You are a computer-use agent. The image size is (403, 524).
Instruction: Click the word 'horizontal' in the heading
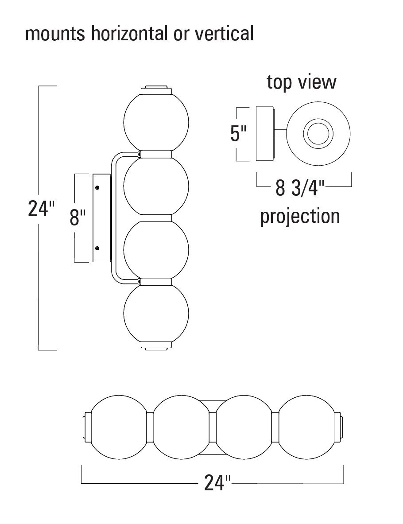pos(128,33)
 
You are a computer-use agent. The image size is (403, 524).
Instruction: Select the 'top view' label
pos(302,82)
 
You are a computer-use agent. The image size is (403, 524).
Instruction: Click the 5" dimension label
pos(238,134)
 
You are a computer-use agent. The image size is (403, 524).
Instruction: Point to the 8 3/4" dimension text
pos(300,188)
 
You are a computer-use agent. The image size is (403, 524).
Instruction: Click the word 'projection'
pos(300,216)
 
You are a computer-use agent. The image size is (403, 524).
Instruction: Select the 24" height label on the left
pos(41,209)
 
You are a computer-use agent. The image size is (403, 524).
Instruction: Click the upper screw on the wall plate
pos(97,188)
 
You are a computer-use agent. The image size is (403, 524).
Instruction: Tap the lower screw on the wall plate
pos(97,248)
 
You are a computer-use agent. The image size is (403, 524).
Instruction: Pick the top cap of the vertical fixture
pos(156,90)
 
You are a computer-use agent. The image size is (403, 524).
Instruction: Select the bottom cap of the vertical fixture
pos(156,345)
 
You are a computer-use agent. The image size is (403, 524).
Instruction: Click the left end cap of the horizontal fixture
pos(86,428)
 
